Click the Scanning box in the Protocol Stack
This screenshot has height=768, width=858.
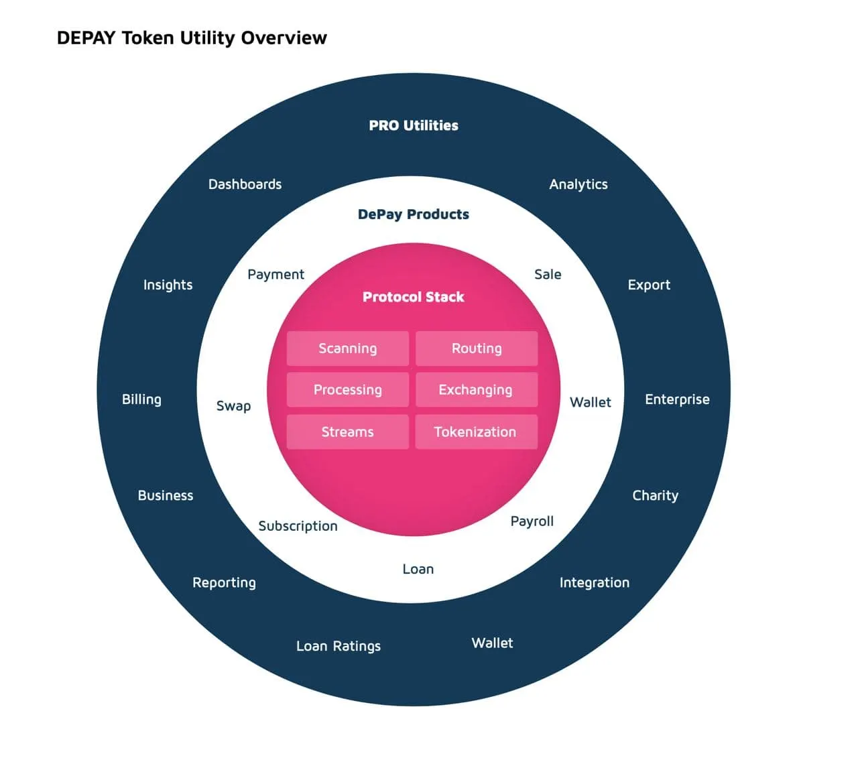[347, 348]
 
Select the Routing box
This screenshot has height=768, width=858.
[477, 348]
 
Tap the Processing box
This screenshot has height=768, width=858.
[347, 389]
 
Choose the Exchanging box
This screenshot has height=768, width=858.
[477, 389]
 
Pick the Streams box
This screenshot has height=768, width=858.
[347, 432]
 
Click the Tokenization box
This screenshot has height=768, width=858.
[477, 432]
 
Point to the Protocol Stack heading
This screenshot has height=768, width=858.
[414, 297]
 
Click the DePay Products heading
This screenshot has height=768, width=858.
[414, 214]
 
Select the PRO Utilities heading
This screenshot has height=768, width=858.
[414, 125]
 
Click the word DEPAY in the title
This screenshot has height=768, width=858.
[86, 38]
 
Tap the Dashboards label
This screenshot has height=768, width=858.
[245, 184]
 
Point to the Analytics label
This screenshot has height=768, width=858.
[578, 184]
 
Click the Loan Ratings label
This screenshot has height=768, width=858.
[339, 646]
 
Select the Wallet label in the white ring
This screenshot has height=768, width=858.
[591, 402]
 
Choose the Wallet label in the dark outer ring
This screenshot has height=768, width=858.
[492, 643]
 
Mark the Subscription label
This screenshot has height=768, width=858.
[298, 526]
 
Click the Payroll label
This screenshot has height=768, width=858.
[532, 521]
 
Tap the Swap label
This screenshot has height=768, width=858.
[233, 406]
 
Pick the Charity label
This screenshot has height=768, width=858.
[655, 496]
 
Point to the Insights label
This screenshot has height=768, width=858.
[168, 285]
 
